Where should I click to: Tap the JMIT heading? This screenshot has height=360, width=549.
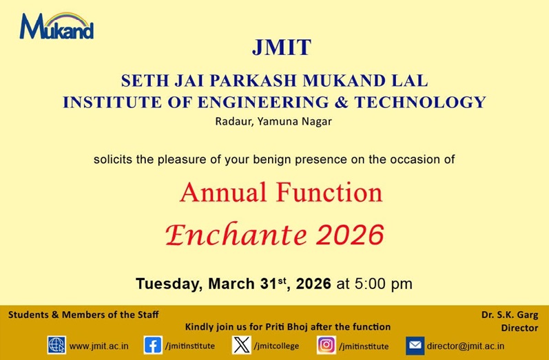click(x=281, y=48)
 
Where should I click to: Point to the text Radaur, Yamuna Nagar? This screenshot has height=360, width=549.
click(x=273, y=122)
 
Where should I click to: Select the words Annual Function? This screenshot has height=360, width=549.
click(x=281, y=192)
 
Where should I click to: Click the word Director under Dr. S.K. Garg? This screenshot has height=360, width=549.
click(x=519, y=328)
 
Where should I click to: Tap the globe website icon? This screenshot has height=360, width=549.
click(x=56, y=345)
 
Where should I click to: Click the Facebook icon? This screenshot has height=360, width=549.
click(x=152, y=345)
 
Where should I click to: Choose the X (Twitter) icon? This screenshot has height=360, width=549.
click(x=241, y=345)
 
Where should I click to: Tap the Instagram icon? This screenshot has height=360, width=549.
click(x=326, y=345)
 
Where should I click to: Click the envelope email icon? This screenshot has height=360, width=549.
click(x=415, y=345)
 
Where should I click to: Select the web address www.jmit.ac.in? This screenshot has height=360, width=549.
click(x=99, y=346)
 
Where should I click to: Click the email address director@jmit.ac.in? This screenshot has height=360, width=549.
click(x=465, y=346)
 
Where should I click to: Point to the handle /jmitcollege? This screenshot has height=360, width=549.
click(x=276, y=346)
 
